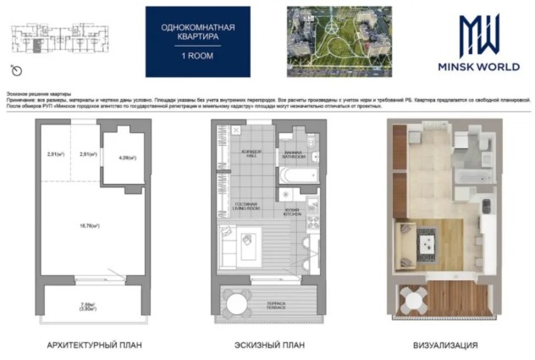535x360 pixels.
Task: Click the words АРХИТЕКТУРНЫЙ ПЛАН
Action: [94, 346]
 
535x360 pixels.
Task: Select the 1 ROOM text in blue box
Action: [197, 54]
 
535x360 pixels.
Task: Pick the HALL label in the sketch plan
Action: [240, 154]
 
